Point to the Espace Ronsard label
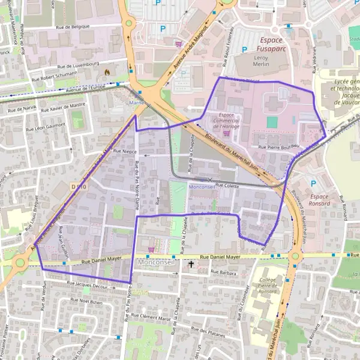tap(320, 200)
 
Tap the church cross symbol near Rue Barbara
tap(191, 263)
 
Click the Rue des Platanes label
tap(211, 331)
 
